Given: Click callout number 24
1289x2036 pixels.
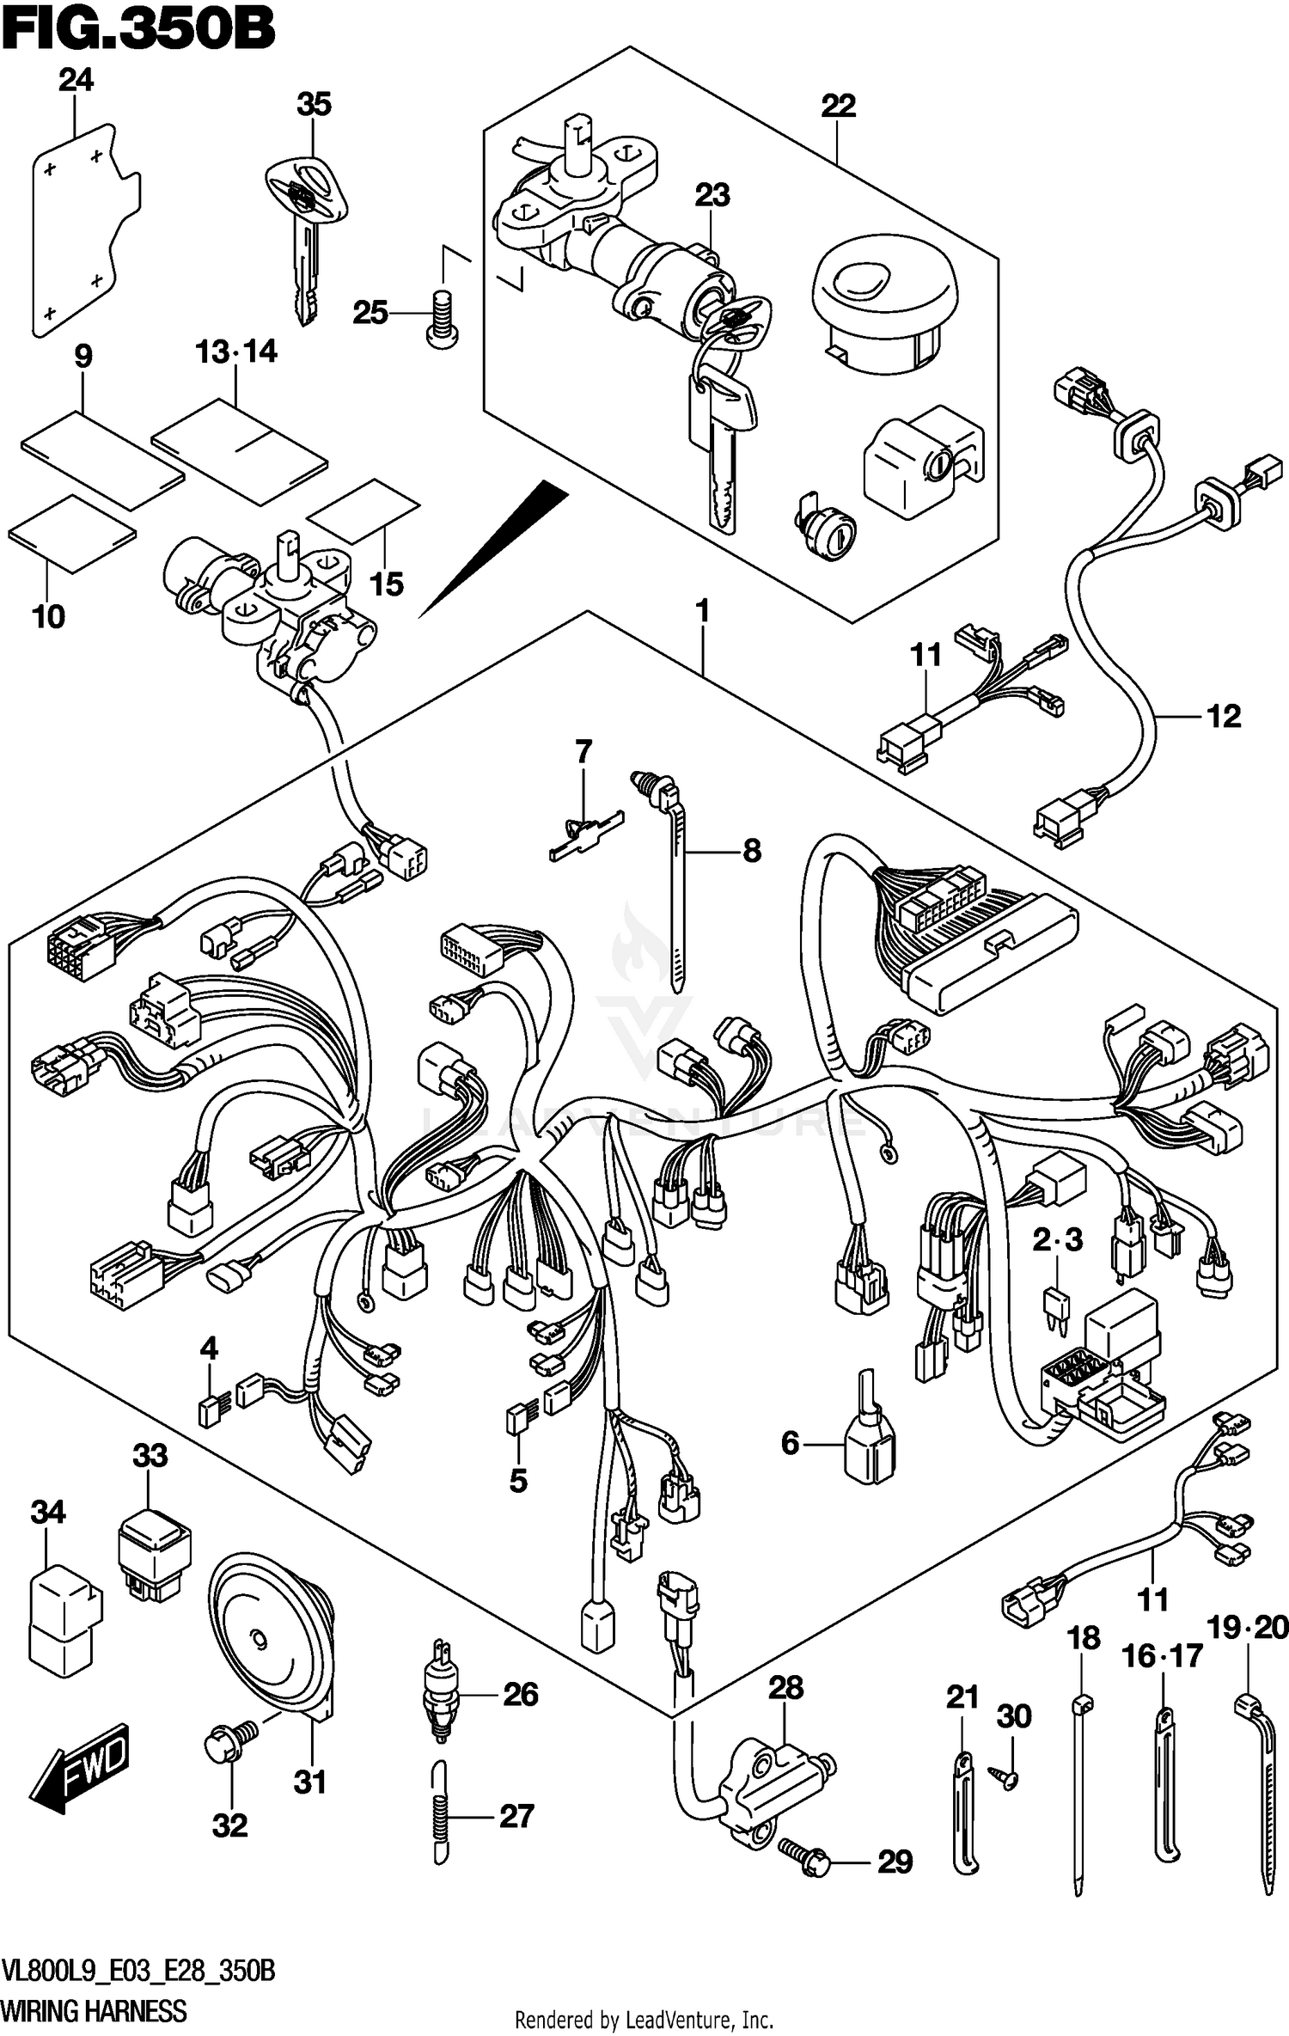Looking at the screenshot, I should tap(76, 81).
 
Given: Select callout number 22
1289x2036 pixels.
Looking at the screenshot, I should tap(838, 107).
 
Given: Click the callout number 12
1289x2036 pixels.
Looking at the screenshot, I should tap(1224, 716).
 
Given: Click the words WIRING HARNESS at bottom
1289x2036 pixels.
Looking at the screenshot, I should tap(95, 2010).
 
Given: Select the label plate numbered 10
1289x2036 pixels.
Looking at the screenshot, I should tap(72, 533).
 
